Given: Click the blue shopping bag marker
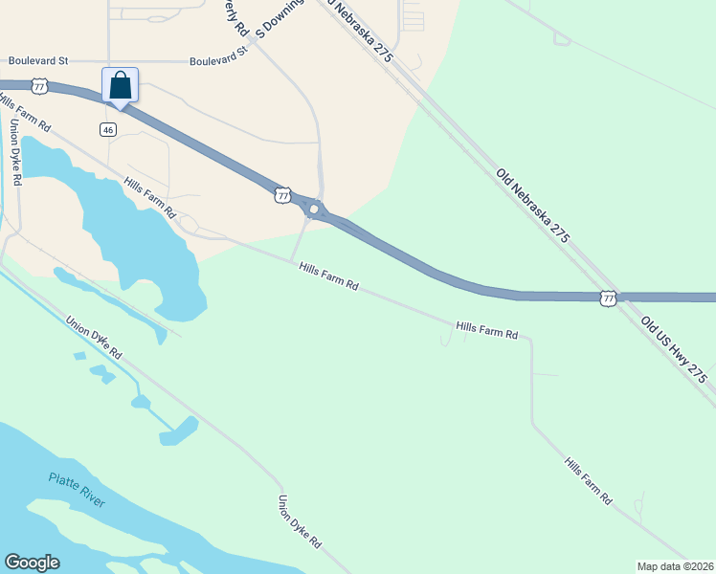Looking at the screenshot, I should click(120, 84).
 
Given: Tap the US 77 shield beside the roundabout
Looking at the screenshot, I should click(281, 195).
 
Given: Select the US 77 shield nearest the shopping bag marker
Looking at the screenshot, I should click(39, 86).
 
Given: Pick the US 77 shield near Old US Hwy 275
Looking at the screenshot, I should click(608, 298).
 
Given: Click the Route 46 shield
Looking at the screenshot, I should click(108, 128).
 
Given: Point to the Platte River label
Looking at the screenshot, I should click(78, 490).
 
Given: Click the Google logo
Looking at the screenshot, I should click(32, 563).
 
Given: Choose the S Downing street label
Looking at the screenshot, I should click(279, 18).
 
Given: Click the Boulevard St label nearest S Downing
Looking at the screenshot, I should click(218, 59).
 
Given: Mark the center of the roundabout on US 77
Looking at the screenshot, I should click(313, 209).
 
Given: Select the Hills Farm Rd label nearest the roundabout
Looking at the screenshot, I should click(327, 278).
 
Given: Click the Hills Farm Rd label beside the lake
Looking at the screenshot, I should click(149, 196).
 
